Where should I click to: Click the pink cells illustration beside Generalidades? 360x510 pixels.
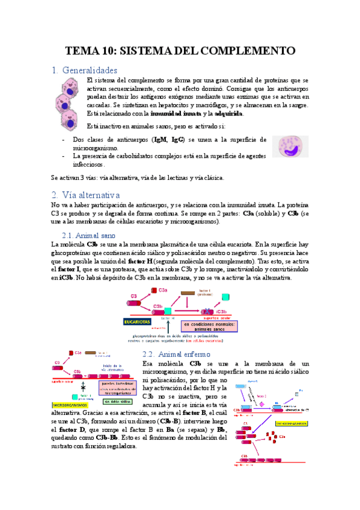(x=68, y=104)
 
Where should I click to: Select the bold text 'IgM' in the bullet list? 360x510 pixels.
(x=161, y=140)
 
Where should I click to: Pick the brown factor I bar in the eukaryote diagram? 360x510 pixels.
(x=187, y=293)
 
